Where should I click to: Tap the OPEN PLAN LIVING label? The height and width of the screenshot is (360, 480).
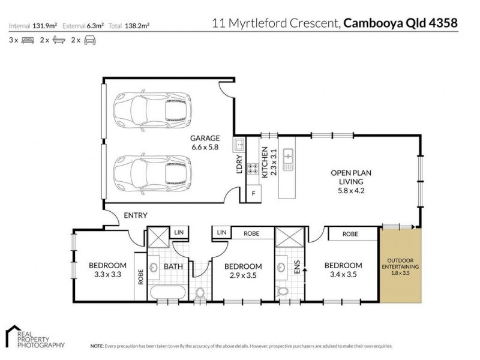pyautogui.click(x=351, y=177)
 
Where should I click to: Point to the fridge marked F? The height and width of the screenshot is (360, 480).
pyautogui.click(x=254, y=193)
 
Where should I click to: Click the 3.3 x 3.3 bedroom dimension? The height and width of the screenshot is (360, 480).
pyautogui.click(x=107, y=275)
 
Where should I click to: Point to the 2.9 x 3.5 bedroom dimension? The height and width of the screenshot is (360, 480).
pyautogui.click(x=242, y=276)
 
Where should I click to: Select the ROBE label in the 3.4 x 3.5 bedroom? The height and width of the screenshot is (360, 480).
pyautogui.click(x=351, y=234)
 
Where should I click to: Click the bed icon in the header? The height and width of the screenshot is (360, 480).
pyautogui.click(x=27, y=40)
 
